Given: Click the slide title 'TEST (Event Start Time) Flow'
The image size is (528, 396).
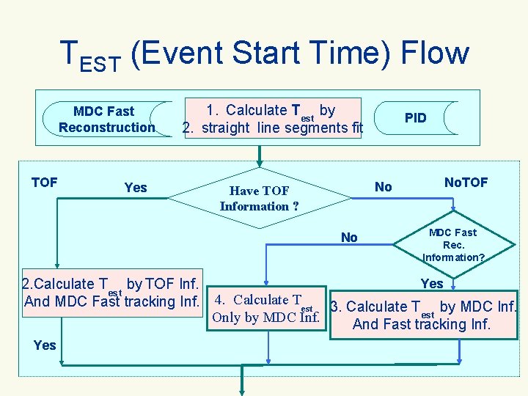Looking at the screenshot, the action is click(x=263, y=54).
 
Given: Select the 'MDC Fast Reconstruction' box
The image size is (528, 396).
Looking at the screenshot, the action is click(x=106, y=120).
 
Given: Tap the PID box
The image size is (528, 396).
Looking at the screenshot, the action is click(x=415, y=118).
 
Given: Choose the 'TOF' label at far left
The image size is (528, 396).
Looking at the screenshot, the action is click(x=44, y=182).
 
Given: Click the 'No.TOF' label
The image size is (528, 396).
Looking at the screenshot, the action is click(x=466, y=182).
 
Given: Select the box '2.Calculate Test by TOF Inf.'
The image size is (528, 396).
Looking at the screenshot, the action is click(x=111, y=293).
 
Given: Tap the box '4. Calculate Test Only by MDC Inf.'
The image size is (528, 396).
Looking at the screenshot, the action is click(x=265, y=308).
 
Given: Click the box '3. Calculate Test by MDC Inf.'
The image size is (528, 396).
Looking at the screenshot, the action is click(x=423, y=315).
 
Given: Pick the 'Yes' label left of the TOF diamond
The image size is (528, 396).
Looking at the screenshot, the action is click(x=136, y=188).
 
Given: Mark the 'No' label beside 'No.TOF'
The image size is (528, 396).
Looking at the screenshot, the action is click(x=383, y=187).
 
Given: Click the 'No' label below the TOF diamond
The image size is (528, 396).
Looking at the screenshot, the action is click(x=349, y=237).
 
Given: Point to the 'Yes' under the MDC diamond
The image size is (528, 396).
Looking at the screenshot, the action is click(x=431, y=283).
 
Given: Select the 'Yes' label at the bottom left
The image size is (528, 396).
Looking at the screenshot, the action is click(x=45, y=345).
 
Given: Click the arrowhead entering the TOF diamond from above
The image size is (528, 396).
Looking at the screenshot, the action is click(x=259, y=162).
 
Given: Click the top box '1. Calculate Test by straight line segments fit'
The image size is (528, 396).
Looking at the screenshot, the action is click(x=272, y=119).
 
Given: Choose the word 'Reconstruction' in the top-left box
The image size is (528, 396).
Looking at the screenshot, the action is click(x=106, y=128).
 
